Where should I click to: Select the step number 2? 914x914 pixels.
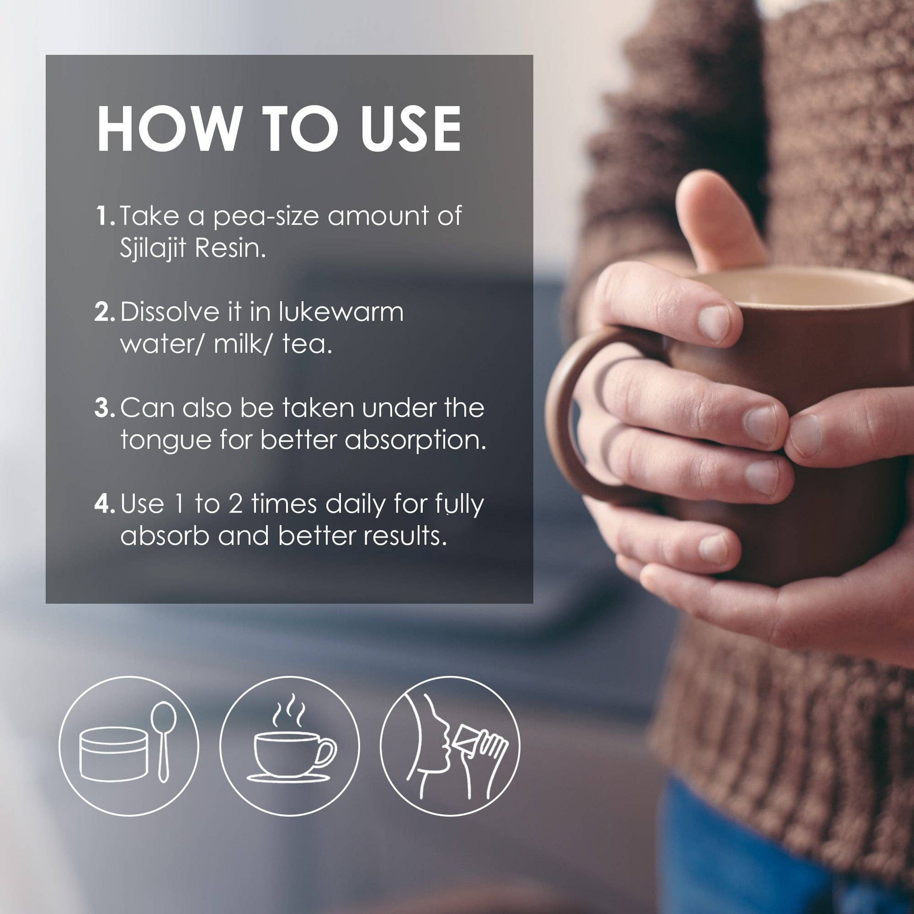click(105, 312)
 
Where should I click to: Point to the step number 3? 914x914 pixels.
click(105, 408)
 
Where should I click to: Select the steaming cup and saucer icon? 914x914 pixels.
click(290, 745)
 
